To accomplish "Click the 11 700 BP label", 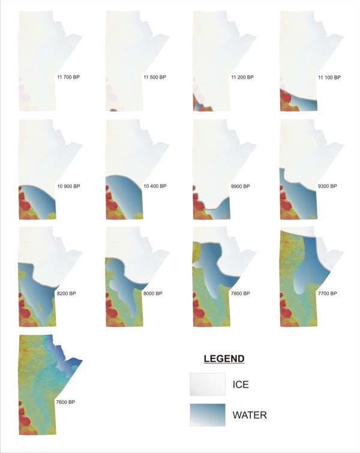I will (68, 78).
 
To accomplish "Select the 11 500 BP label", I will (155, 78).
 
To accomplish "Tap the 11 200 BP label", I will (242, 78).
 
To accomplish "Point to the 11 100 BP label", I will (329, 78).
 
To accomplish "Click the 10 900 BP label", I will (68, 186).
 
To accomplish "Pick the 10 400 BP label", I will (155, 186).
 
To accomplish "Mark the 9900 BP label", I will (242, 186).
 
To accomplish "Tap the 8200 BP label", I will (67, 293).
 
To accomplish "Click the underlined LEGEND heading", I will (224, 359).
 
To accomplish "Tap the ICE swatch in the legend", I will (207, 384).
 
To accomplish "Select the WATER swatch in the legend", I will (207, 415).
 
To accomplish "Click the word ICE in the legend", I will (242, 384).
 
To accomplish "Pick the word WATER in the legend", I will (250, 415).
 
